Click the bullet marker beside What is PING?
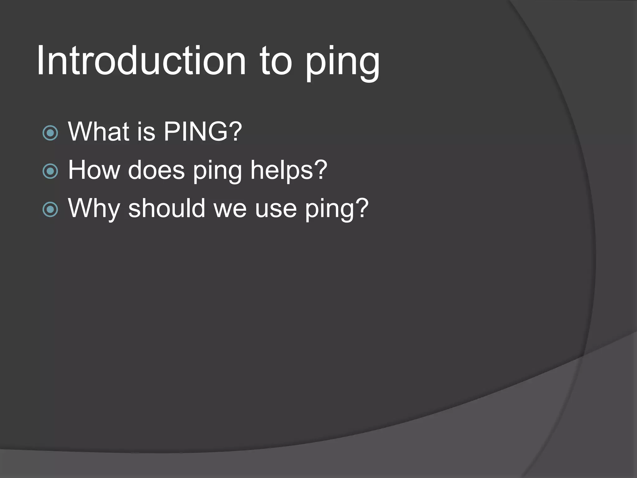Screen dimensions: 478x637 pos(50,133)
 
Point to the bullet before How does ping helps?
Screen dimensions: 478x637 pos(50,171)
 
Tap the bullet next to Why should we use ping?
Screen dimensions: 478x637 pos(50,209)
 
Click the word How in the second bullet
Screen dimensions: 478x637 pos(94,170)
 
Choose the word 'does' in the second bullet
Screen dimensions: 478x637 pos(156,170)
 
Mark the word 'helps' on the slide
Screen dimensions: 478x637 pos(281,171)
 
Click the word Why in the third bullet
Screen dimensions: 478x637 pos(94,209)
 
